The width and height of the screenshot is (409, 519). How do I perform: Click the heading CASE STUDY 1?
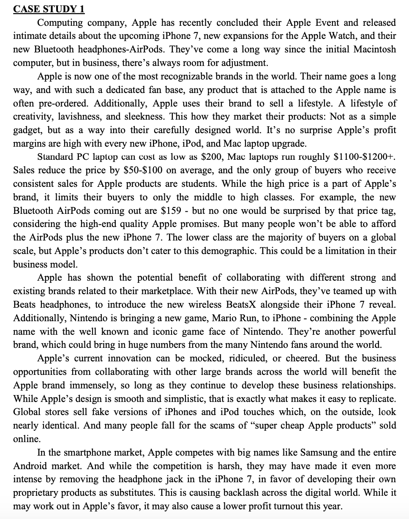[49, 9]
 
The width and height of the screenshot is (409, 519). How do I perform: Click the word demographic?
[221, 251]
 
